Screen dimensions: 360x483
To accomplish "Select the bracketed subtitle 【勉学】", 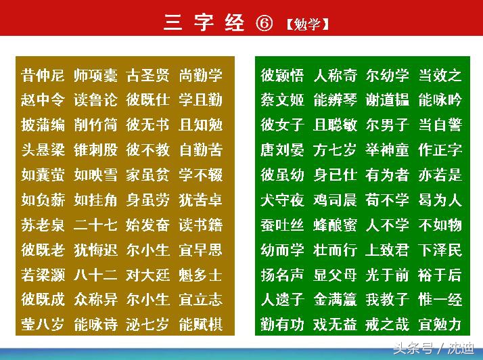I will [307, 24].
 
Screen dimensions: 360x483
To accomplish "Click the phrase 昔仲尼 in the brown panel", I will [43, 75].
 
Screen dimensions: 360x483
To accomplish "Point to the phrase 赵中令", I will [43, 100].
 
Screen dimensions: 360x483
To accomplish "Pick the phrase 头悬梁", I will [43, 150].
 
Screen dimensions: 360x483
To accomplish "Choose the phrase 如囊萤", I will [43, 175].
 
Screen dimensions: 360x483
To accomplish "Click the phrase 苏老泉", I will [43, 225].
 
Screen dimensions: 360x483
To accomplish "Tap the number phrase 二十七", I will [95, 225].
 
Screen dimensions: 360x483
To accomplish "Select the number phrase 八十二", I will [95, 275].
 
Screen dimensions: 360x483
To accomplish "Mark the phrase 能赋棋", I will [201, 325].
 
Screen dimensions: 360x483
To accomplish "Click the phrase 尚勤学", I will [201, 75].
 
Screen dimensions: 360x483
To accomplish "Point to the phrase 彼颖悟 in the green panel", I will [283, 75].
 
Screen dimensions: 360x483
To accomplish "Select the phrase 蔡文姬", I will [283, 100].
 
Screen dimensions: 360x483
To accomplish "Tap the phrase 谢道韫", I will [388, 100].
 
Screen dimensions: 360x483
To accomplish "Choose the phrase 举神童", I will [388, 150].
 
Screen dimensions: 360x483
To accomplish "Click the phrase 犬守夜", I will [283, 200].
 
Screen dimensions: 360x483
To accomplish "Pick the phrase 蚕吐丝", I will [283, 225].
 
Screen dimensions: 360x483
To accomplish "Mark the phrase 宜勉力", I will [440, 325].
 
